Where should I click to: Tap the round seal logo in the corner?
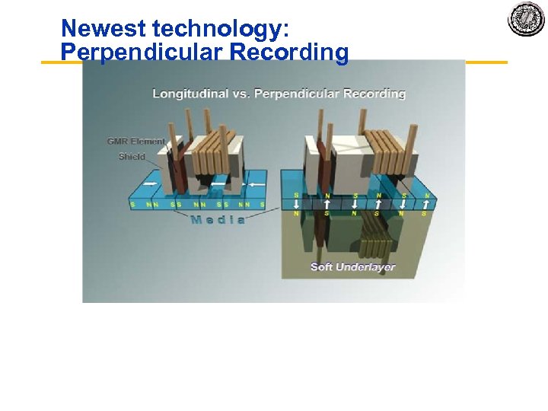526,18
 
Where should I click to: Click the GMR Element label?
136,142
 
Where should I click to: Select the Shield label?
131,157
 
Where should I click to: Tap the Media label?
218,220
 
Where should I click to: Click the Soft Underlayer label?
353,266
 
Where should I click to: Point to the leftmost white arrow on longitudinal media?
153,183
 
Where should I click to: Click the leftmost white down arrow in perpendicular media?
296,204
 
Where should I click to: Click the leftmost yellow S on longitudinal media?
132,204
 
